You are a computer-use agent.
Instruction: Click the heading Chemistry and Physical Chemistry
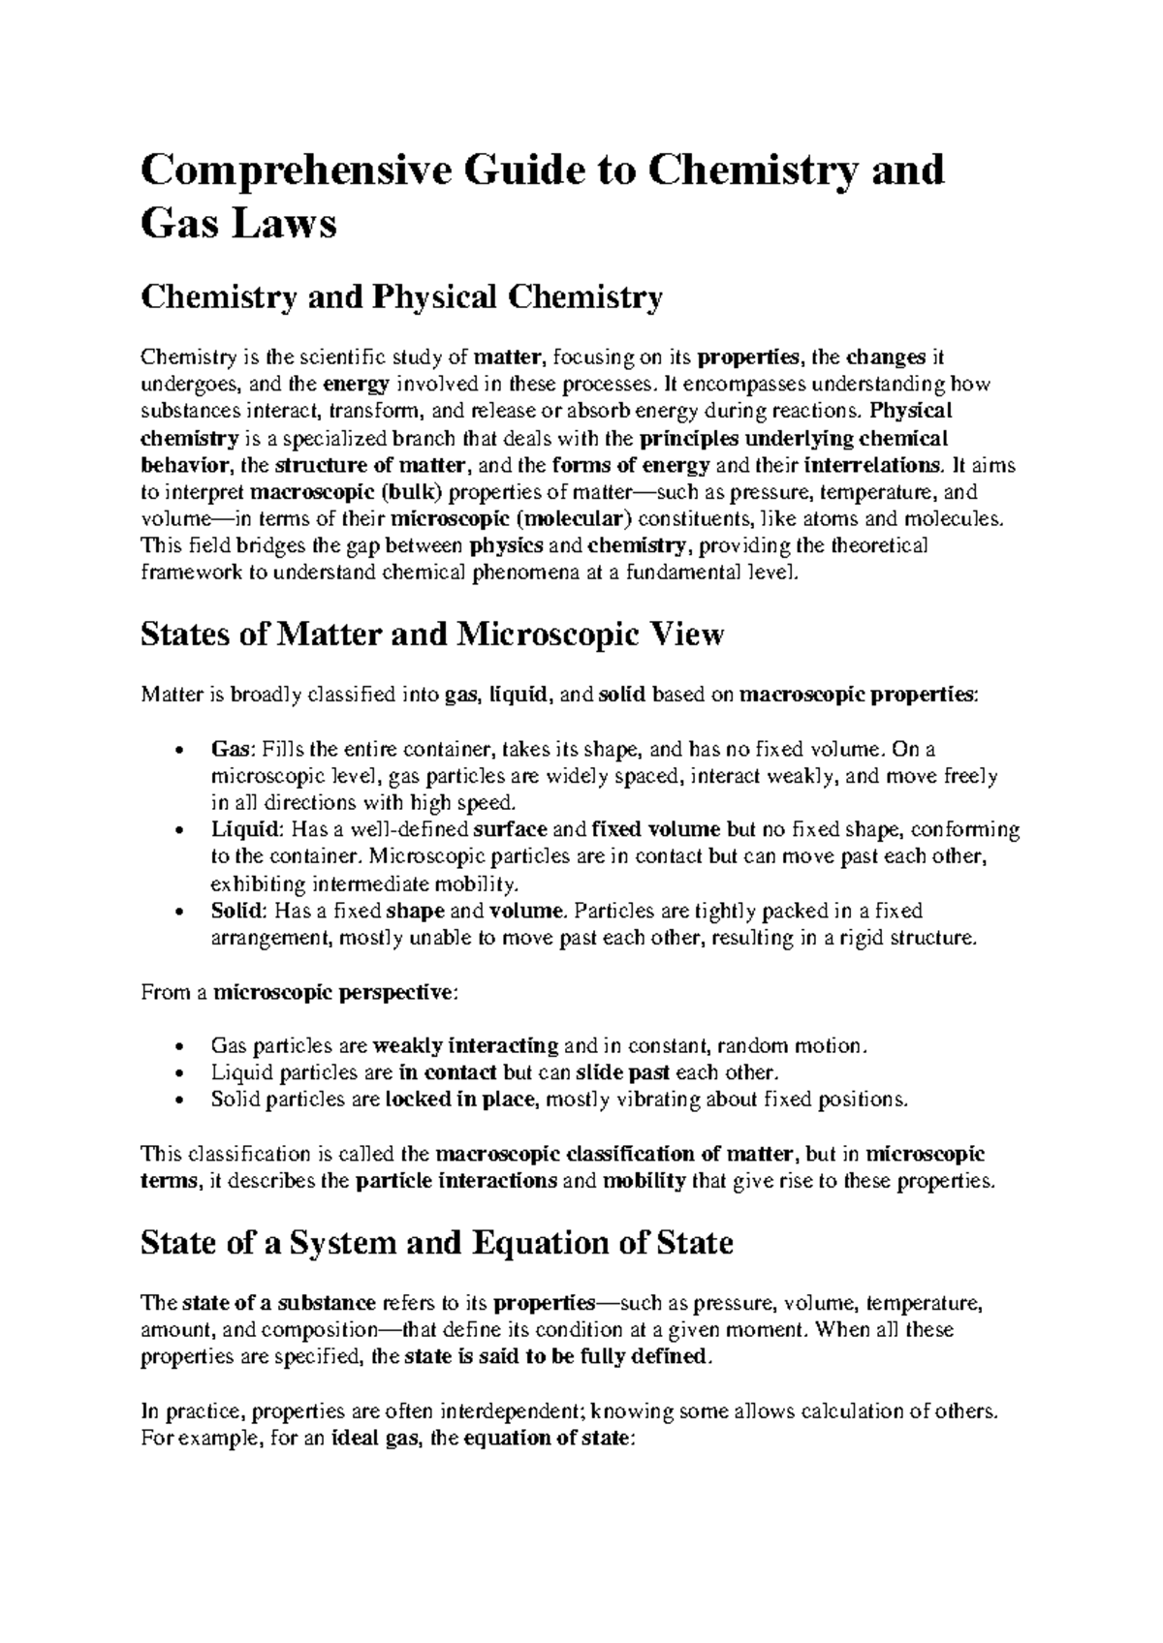(401, 297)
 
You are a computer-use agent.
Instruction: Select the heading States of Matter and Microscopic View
(432, 635)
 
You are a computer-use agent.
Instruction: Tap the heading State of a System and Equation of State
(436, 1243)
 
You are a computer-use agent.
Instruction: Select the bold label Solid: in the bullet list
(238, 911)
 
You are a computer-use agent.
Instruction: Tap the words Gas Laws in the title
(238, 226)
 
